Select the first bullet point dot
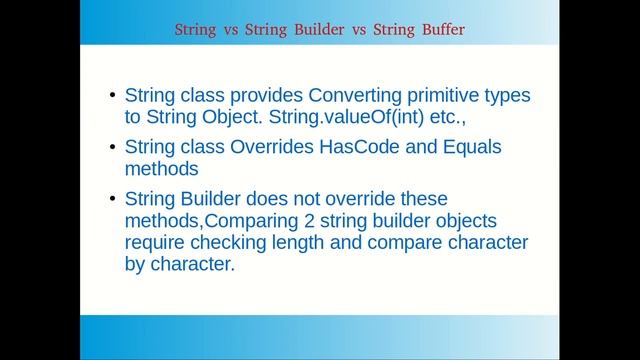pos(111,96)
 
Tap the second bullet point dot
pos(111,148)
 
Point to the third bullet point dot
pos(111,199)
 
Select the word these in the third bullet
pos(423,198)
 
